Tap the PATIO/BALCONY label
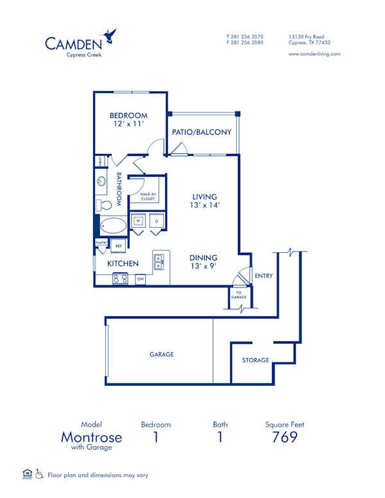click(201, 133)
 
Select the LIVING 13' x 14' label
click(205, 202)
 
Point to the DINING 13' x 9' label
click(203, 261)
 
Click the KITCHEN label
click(123, 264)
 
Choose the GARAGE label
click(162, 354)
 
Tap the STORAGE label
click(255, 360)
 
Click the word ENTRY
click(263, 277)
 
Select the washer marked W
click(139, 221)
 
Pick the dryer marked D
click(156, 221)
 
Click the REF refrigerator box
click(118, 245)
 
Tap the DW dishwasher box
click(140, 279)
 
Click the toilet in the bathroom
click(105, 205)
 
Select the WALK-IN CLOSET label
click(148, 196)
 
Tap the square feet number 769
click(285, 437)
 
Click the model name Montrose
click(91, 437)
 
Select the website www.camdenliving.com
click(314, 55)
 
